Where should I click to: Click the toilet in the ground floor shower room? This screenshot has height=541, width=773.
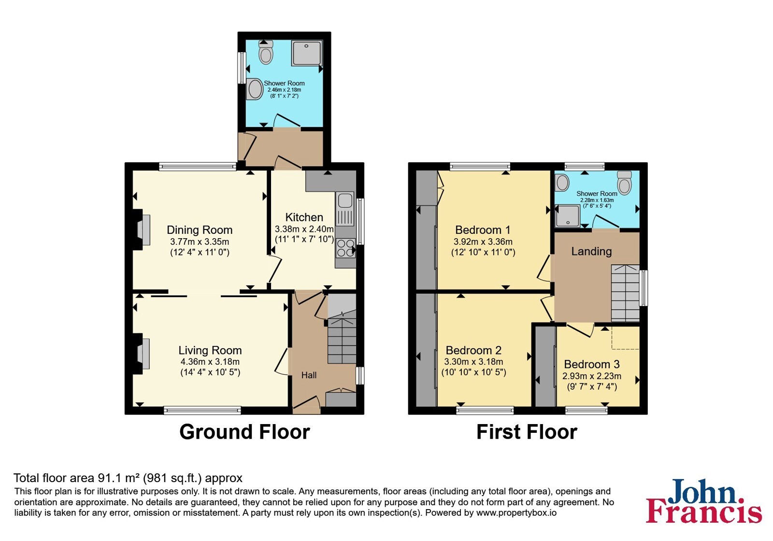click(266, 53)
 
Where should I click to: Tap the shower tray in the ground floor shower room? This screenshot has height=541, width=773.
click(307, 53)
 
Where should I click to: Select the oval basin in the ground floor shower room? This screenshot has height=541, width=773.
click(255, 89)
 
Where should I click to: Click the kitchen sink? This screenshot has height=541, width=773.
click(345, 209)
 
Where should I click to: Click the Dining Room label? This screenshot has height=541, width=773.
click(200, 230)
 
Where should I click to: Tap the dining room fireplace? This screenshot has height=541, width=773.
click(142, 230)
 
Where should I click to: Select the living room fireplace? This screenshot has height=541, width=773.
click(142, 354)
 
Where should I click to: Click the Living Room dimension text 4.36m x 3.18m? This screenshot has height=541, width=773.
click(210, 362)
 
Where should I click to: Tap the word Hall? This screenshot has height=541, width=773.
click(309, 375)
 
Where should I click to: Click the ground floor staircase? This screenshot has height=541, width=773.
click(342, 336)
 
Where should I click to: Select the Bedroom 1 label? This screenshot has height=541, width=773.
click(483, 230)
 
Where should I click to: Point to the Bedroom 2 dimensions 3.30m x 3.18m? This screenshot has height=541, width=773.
click(473, 362)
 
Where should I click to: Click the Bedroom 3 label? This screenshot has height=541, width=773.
click(592, 364)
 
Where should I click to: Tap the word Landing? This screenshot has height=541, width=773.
click(591, 251)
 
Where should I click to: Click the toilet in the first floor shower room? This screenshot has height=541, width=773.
click(624, 183)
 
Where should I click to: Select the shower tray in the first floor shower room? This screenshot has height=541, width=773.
click(568, 216)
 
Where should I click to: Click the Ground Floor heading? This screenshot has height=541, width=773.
click(244, 432)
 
